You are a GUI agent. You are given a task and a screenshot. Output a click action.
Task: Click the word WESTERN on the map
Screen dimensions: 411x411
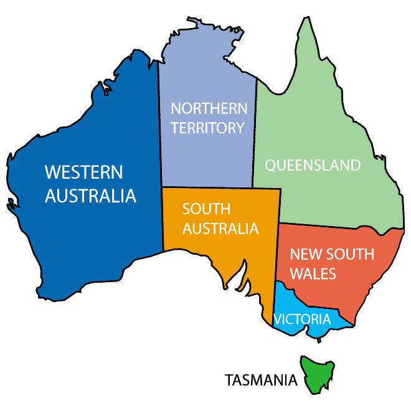(x=84, y=172)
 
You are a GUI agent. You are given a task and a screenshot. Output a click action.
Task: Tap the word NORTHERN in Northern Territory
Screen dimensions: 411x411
(x=209, y=108)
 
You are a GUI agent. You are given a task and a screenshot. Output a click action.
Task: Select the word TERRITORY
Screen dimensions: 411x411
(x=208, y=128)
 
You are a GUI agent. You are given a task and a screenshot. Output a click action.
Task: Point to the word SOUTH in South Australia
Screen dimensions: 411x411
(x=206, y=208)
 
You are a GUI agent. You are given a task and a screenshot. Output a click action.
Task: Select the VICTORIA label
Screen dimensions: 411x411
(x=303, y=320)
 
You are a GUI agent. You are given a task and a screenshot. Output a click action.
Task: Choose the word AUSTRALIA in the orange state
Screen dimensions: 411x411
(x=220, y=229)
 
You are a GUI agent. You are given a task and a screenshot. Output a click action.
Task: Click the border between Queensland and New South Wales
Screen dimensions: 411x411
(x=324, y=225)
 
